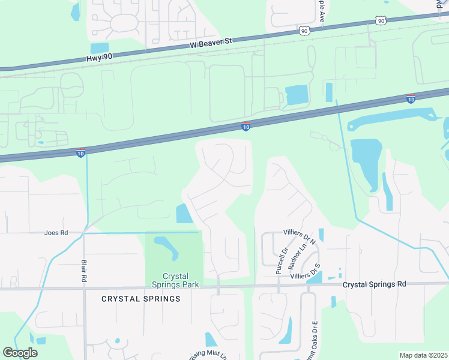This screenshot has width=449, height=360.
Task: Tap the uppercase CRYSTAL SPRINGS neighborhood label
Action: point(140,298)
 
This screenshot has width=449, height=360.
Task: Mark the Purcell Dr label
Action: point(282,260)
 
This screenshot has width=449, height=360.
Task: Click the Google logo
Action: point(20,353)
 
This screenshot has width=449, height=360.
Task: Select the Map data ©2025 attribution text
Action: point(423,355)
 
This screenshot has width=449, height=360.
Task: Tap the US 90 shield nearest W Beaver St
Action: point(304,31)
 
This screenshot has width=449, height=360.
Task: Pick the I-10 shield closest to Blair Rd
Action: point(80,153)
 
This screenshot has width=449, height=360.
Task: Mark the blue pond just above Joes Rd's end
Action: point(182,213)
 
